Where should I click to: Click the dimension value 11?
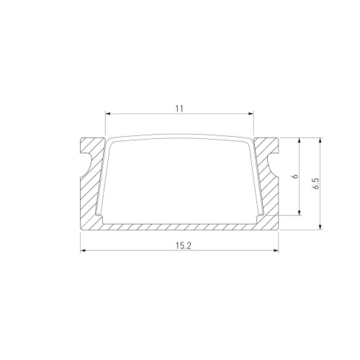[x=179, y=108]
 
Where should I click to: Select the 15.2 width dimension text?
[x=179, y=245]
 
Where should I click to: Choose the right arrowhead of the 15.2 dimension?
[x=277, y=251]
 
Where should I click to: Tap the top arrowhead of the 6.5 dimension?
[x=320, y=139]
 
